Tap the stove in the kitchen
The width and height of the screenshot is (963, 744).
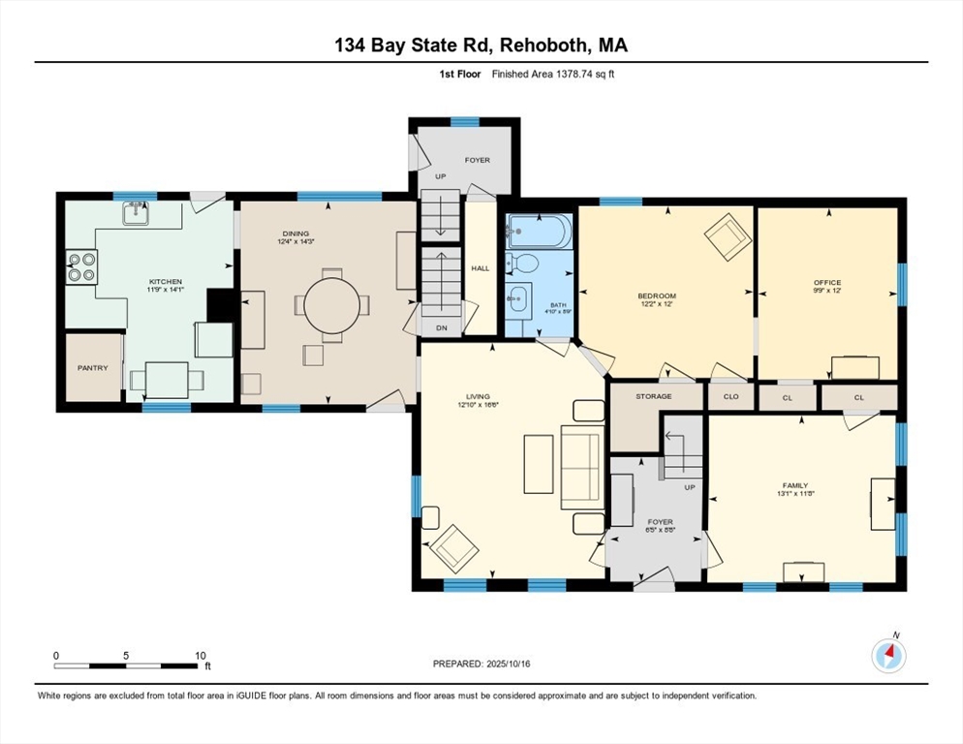click(x=80, y=266)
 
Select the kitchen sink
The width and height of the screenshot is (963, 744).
click(x=137, y=213)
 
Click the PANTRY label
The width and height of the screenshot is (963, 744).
click(x=93, y=368)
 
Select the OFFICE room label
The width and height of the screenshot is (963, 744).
click(x=827, y=283)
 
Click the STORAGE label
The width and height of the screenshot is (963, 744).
click(x=654, y=396)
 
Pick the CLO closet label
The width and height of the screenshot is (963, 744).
click(x=730, y=396)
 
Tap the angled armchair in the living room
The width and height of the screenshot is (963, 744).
click(x=453, y=548)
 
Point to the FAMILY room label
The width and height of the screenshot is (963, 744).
click(x=795, y=485)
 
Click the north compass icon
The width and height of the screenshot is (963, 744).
click(x=888, y=656)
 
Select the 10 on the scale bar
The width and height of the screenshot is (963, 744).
click(x=202, y=656)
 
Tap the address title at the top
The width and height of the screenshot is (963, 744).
click(x=481, y=45)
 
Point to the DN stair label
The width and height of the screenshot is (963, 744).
click(x=442, y=328)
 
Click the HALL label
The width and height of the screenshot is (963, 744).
click(x=480, y=268)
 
